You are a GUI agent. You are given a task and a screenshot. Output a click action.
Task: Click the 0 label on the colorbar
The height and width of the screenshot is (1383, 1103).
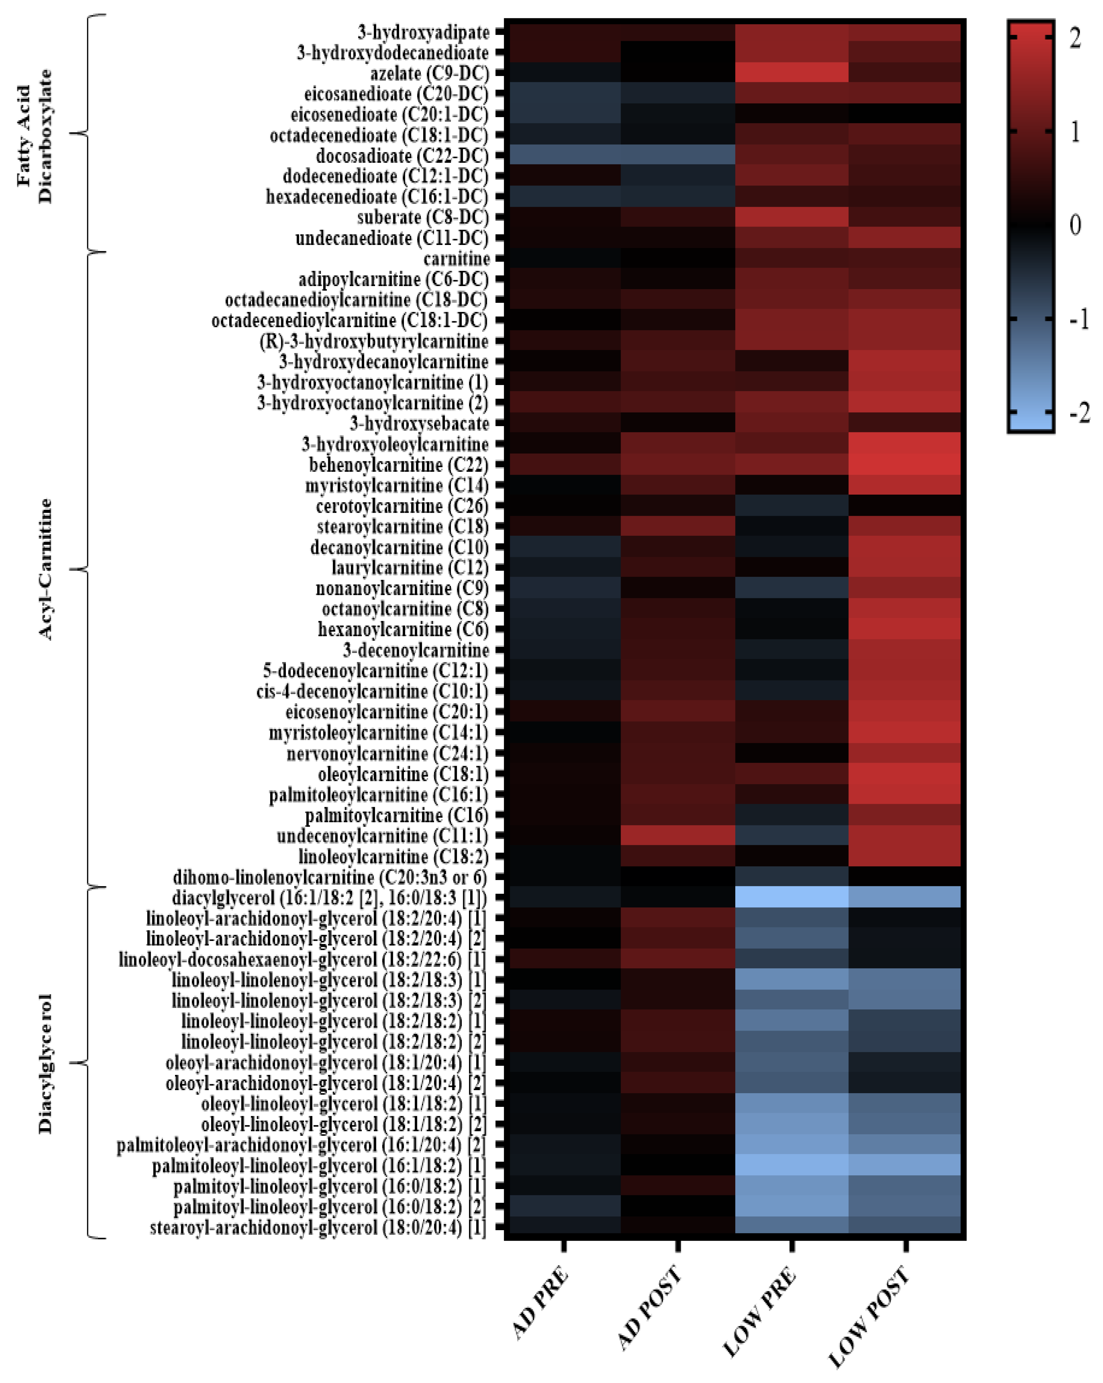tap(1075, 225)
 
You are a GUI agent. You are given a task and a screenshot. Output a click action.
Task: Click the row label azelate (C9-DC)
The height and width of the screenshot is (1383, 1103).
tap(429, 74)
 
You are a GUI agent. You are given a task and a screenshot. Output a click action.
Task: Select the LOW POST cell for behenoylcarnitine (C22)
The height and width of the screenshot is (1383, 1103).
tap(905, 465)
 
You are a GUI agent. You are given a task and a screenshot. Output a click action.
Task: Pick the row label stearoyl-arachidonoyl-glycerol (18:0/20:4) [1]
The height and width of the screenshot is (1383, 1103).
tap(318, 1228)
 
